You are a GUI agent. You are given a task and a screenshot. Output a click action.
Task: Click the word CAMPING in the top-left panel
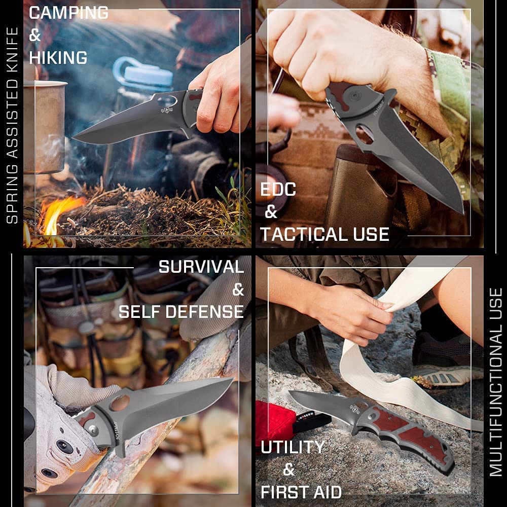[68, 13]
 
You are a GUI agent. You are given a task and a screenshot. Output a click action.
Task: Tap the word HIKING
[58, 58]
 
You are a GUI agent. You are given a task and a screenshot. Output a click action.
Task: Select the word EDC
[278, 190]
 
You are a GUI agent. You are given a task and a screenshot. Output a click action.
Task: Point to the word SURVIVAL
[201, 267]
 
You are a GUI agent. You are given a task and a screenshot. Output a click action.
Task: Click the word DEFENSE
[205, 312]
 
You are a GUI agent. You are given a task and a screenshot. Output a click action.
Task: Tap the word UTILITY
[293, 447]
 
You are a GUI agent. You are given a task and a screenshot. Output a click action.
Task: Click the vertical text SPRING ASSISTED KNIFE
[12, 125]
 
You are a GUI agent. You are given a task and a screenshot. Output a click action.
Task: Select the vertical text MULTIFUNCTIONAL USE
[495, 382]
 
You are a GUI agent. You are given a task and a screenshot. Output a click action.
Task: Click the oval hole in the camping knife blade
[167, 101]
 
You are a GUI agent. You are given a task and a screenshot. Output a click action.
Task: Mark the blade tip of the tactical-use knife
[463, 213]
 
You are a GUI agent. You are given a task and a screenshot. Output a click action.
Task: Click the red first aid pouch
[274, 420]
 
